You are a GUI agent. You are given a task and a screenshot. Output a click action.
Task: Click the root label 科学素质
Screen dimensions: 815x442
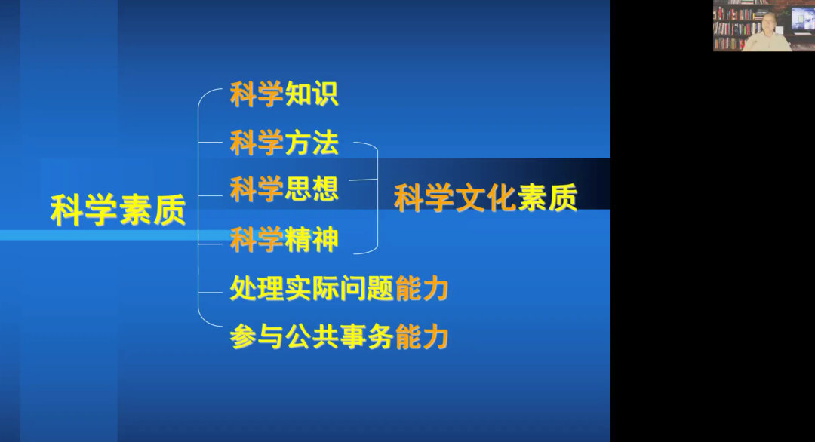[x=118, y=210]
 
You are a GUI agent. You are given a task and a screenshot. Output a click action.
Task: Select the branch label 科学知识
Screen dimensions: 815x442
[x=284, y=94]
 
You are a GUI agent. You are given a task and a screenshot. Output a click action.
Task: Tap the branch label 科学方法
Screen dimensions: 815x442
[x=284, y=143]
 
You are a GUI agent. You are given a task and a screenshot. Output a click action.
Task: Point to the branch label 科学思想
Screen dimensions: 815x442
[x=284, y=189]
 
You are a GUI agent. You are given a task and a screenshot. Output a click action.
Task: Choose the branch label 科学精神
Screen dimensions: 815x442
[x=284, y=239]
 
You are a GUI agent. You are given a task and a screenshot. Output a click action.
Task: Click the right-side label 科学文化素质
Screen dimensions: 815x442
[x=485, y=198]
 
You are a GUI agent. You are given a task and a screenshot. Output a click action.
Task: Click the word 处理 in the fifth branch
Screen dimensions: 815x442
[x=257, y=288]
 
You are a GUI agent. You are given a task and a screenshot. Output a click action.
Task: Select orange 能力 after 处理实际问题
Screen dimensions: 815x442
[x=422, y=288]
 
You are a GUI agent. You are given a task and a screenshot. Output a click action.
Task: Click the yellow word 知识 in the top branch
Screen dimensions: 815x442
[x=312, y=94]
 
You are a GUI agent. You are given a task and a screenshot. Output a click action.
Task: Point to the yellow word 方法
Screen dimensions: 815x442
[x=312, y=143]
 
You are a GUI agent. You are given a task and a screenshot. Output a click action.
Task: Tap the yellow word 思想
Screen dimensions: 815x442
[x=312, y=189]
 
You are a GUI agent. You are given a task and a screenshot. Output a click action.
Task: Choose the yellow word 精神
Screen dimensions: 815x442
[x=312, y=239]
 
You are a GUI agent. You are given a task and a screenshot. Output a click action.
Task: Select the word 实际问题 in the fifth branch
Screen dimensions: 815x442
[x=340, y=288]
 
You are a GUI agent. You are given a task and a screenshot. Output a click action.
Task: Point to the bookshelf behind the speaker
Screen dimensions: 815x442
[x=732, y=25]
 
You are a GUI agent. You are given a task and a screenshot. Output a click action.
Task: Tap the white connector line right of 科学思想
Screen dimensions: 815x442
[x=363, y=180]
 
